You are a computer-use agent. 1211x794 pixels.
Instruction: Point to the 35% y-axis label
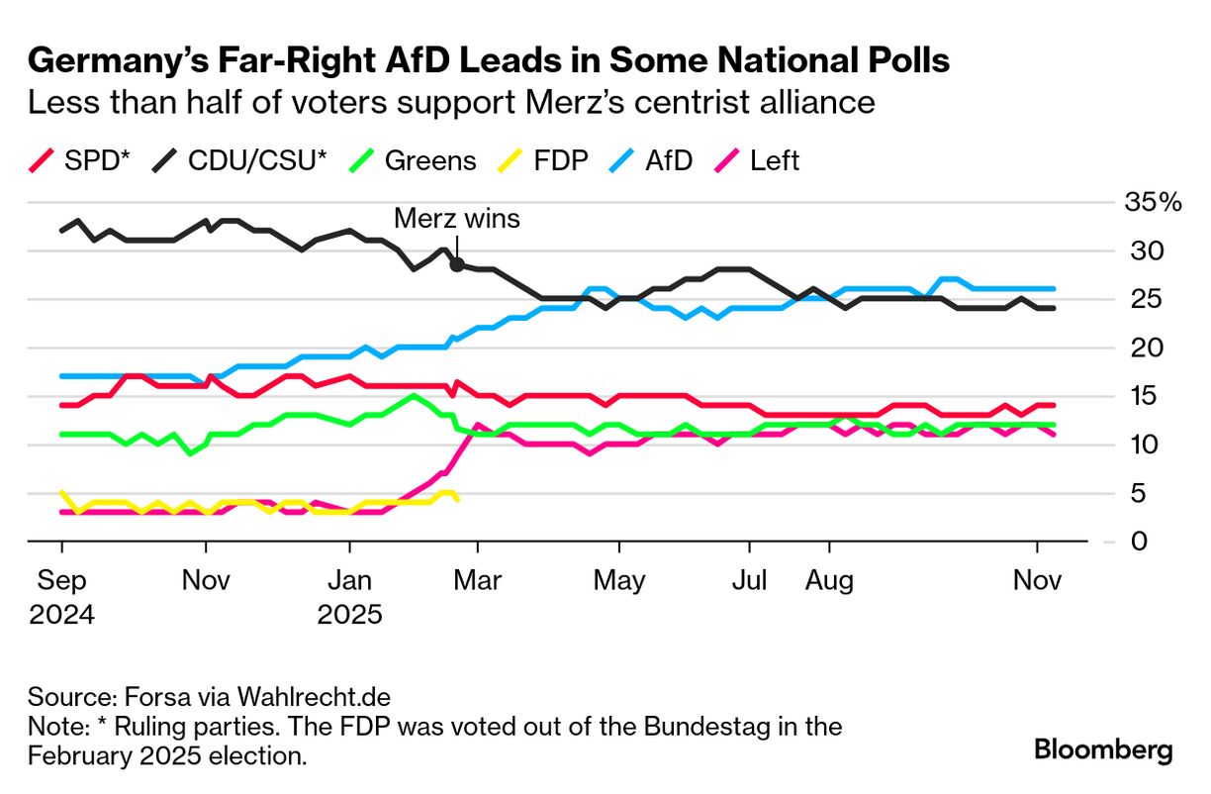[1153, 204]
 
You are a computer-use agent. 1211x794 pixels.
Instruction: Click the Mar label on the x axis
[477, 579]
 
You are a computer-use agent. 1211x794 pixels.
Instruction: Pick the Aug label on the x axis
[829, 579]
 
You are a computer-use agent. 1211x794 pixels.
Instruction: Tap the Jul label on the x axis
[750, 579]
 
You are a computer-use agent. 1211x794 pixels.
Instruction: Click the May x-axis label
[619, 579]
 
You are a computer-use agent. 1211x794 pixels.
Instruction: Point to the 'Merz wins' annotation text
[456, 219]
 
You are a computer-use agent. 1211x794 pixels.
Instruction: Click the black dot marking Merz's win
[457, 264]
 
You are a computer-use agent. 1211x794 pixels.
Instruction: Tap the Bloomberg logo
[1103, 749]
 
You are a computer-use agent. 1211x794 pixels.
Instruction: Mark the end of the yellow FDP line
[456, 499]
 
